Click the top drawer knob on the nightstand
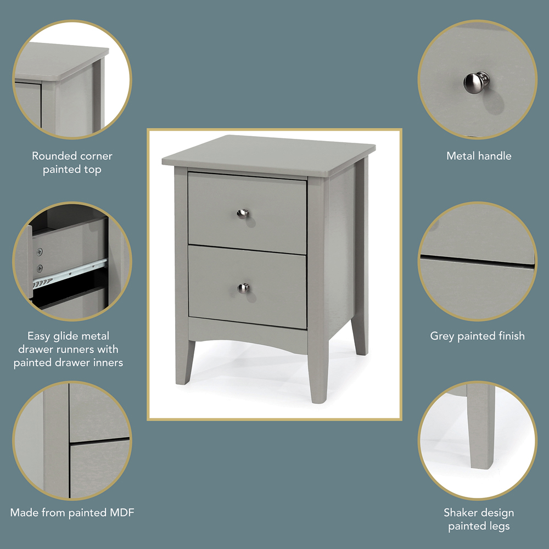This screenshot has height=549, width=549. pos(242,214)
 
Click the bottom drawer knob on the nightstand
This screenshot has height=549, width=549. pos(243,288)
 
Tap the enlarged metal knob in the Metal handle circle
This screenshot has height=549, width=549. pos(476,83)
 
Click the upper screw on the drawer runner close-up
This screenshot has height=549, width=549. pos(40,251)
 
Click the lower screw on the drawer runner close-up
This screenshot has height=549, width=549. pos(40,268)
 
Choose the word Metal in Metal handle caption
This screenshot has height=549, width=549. pos(460,156)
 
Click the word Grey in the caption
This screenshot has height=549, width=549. pos(442,336)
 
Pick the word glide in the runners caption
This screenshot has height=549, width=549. pos(68,336)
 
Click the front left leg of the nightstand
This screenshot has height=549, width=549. pos(184,362)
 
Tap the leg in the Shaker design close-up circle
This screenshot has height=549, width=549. pos(481,426)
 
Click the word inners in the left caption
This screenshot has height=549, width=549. pos(108,362)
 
